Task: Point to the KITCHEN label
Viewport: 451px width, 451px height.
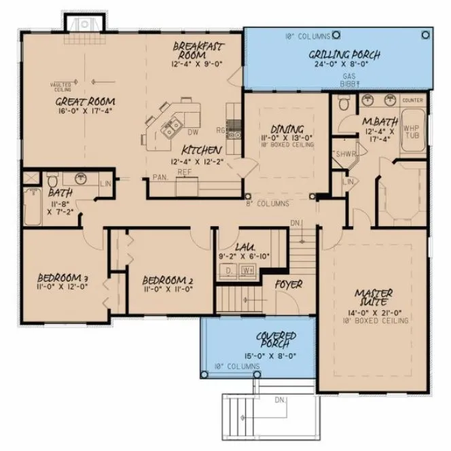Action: point(202,149)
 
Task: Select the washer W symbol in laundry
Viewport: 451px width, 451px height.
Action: point(247,271)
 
